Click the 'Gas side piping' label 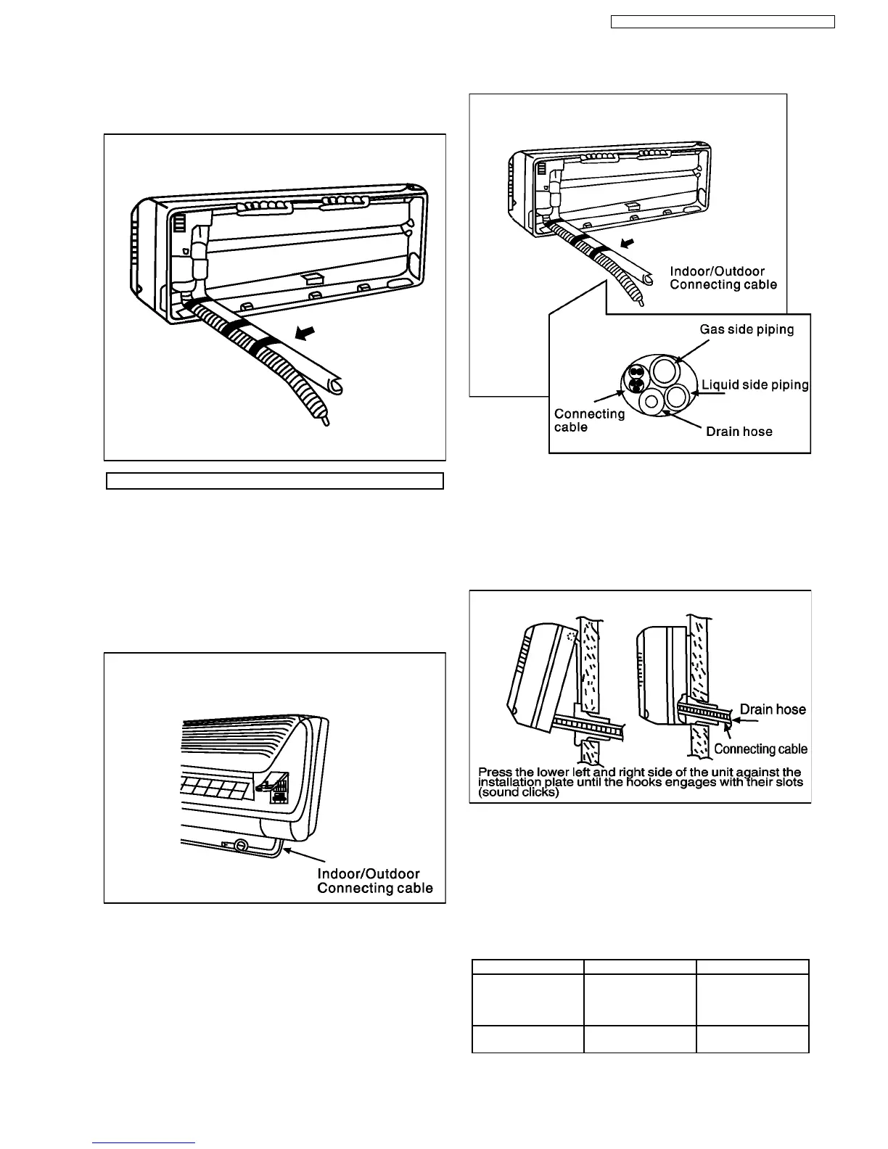(747, 329)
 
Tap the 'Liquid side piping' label (755, 384)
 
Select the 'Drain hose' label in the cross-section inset (739, 432)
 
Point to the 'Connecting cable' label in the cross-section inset (589, 420)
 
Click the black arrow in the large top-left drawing (308, 333)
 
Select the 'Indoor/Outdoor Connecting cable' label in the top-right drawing (723, 278)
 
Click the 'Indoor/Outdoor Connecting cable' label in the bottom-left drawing (375, 881)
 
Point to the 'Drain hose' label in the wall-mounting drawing (773, 709)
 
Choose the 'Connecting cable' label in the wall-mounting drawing (760, 749)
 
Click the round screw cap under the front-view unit (240, 845)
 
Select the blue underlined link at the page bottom (144, 1143)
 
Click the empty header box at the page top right (723, 22)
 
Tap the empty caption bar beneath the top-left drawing (275, 481)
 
